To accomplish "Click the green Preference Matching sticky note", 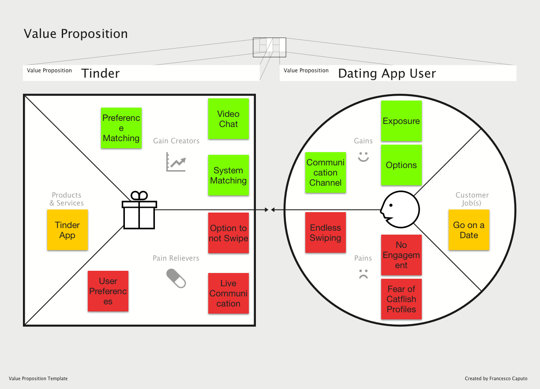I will point(121,128).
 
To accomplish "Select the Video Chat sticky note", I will point(228,119).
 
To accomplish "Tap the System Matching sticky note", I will point(228,175).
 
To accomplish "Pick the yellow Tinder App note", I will point(67,230).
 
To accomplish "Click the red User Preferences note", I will point(108,291).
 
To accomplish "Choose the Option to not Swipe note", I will point(228,233).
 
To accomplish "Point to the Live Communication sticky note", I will point(228,293).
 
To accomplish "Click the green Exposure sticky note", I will point(401,121).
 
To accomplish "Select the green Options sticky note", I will point(401,165).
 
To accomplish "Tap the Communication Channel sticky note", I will point(326,172).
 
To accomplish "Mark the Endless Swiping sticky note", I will point(326,232).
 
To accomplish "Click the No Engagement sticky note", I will point(401,254).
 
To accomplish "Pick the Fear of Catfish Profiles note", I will point(401,299).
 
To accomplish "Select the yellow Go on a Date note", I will point(469,230).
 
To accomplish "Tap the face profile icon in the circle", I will point(400,210).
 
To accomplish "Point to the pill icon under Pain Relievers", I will point(176,278).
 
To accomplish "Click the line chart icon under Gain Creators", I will point(176,162).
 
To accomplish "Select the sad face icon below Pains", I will point(363,273).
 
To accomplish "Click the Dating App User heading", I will point(387,73).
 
